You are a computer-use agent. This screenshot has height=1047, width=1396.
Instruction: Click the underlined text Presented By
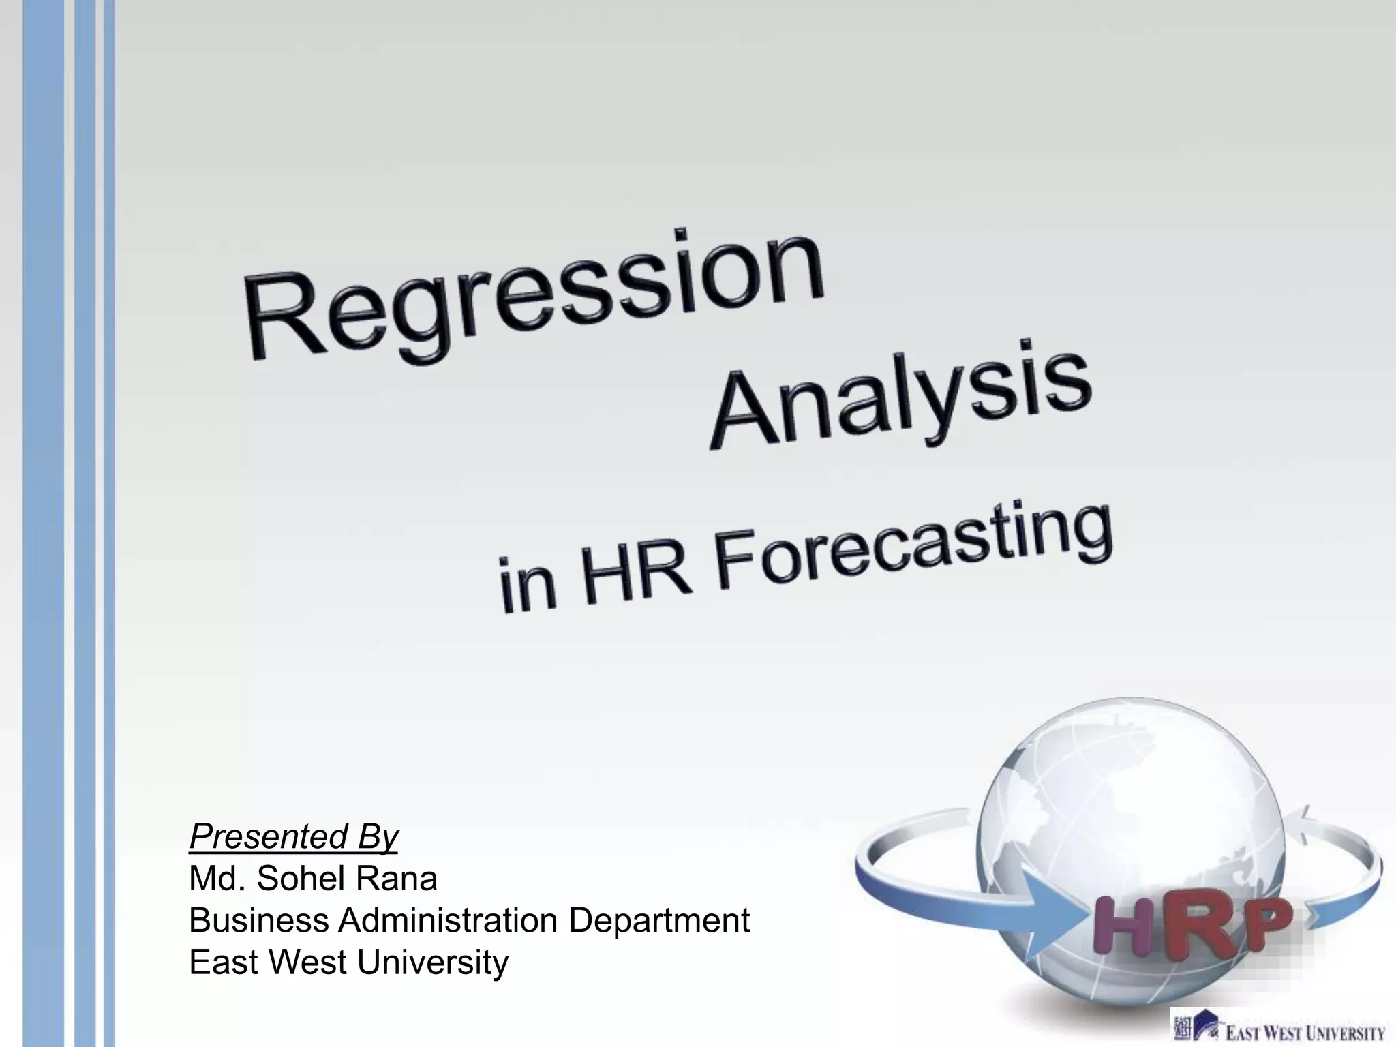pyautogui.click(x=294, y=836)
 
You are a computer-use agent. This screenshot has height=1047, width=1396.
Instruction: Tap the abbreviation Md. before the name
pyautogui.click(x=217, y=879)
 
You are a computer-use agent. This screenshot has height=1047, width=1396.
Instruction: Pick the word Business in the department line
pyautogui.click(x=259, y=920)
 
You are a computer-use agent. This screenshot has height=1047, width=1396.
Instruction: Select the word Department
pyautogui.click(x=658, y=920)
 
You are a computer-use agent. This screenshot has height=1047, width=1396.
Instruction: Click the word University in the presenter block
pyautogui.click(x=432, y=962)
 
